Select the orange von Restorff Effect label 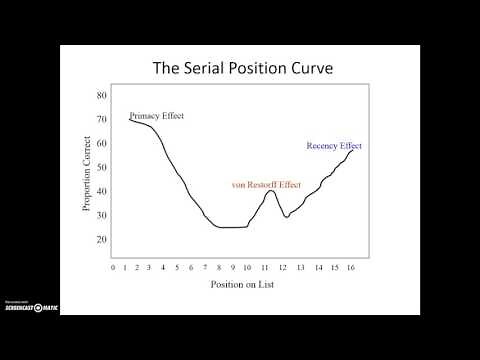[x=266, y=184]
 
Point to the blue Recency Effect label [x=334, y=146]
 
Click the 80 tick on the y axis [x=101, y=96]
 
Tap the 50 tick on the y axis [x=101, y=168]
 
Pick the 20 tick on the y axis [x=101, y=240]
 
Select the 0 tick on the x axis [x=113, y=267]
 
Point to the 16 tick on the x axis [x=351, y=267]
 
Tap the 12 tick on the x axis [x=283, y=267]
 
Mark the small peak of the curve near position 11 [x=270, y=190]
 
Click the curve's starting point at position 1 [x=129, y=119]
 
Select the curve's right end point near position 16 [x=353, y=150]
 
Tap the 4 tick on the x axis [x=163, y=267]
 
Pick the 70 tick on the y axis [x=101, y=120]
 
